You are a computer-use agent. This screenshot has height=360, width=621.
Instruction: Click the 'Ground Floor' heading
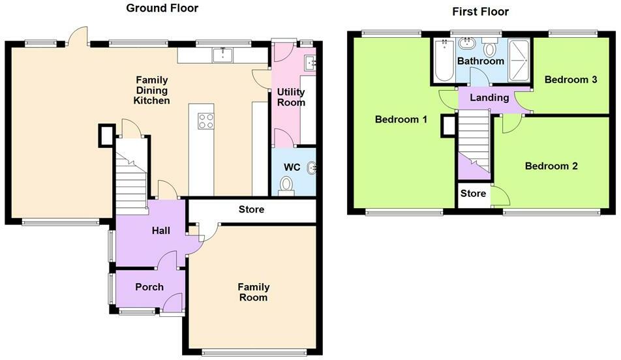coord(162,8)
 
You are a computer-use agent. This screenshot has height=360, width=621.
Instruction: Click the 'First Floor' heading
coord(480,12)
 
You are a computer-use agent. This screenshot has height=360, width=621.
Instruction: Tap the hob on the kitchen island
coord(206,121)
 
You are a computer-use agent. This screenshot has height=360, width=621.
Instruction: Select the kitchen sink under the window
coord(223,55)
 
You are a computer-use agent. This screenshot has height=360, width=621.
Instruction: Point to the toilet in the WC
coord(286,186)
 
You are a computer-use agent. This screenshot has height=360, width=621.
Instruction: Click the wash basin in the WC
coord(312,168)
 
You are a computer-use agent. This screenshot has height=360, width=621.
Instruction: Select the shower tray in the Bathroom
coord(519,61)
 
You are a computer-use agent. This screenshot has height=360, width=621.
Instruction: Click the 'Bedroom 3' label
coord(571,80)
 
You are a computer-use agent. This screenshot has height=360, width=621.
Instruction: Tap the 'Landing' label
coord(489,97)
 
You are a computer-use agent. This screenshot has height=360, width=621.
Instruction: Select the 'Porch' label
coord(149,287)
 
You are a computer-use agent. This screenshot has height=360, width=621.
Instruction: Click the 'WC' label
coord(292,167)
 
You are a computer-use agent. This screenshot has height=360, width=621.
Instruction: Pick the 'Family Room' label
coord(254,292)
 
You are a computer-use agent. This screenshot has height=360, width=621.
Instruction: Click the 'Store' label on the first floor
coord(473,193)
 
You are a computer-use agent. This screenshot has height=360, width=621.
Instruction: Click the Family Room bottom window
coord(254,352)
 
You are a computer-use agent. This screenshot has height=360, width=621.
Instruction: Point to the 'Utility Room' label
coord(291,97)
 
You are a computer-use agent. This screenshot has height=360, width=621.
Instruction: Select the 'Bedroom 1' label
coord(401,119)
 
